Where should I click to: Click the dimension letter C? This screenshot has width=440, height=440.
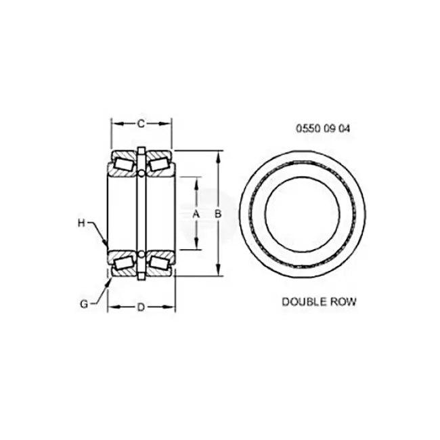(141, 123)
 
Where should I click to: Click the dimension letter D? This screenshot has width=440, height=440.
(141, 307)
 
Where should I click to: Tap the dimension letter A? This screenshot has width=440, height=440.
(196, 214)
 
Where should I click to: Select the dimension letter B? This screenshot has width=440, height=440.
(218, 214)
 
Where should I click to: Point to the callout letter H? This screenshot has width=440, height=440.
(81, 223)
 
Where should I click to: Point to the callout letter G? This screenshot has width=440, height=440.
(84, 304)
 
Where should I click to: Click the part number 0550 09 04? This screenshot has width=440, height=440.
(324, 129)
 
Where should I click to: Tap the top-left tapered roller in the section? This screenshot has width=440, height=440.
(123, 164)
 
